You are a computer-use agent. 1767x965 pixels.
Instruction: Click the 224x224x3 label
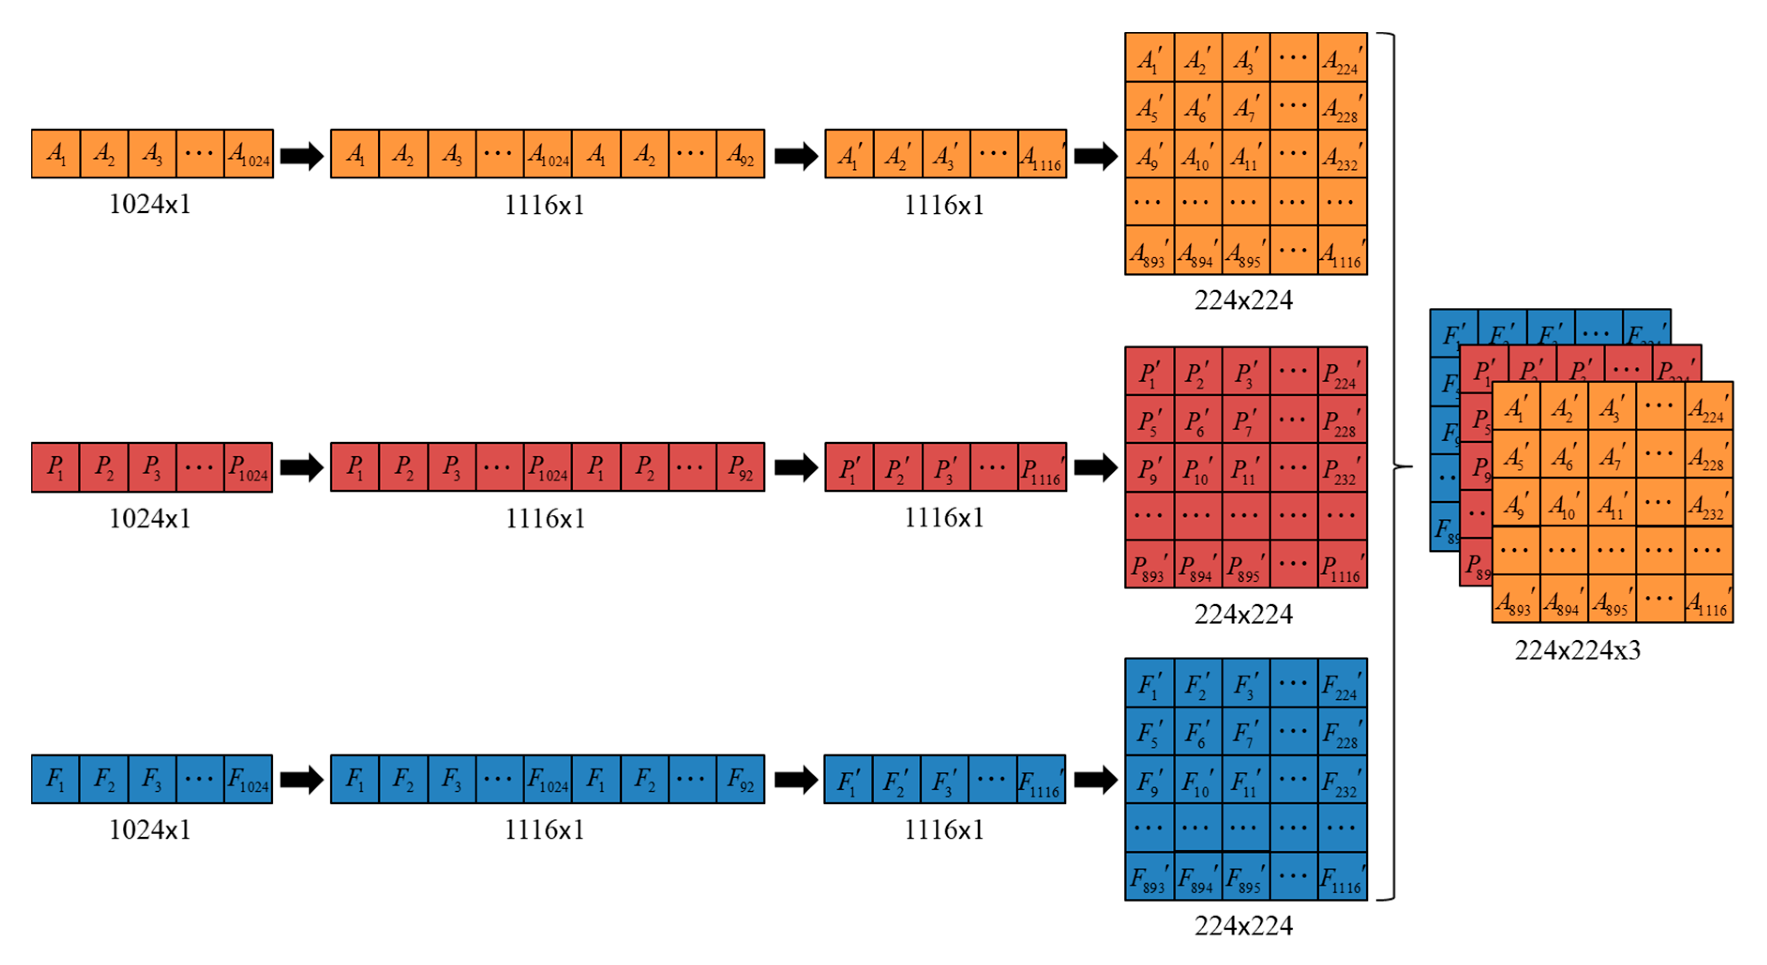pyautogui.click(x=1577, y=650)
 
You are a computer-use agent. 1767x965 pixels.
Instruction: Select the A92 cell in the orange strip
pyautogui.click(x=740, y=154)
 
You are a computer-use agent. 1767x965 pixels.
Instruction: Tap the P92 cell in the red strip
pyautogui.click(x=740, y=467)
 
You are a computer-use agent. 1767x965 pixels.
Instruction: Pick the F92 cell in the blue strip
pyautogui.click(x=740, y=779)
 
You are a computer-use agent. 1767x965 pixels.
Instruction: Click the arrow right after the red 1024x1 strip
pyautogui.click(x=301, y=468)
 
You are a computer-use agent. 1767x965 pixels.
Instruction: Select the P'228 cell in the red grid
pyautogui.click(x=1342, y=420)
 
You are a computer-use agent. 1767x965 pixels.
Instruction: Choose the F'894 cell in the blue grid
pyautogui.click(x=1198, y=876)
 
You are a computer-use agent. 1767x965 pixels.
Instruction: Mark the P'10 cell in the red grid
pyautogui.click(x=1198, y=468)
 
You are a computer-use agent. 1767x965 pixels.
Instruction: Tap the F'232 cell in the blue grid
pyautogui.click(x=1342, y=780)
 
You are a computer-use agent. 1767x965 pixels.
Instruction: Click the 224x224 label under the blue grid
pyautogui.click(x=1243, y=925)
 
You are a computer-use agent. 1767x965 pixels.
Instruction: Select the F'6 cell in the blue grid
pyautogui.click(x=1198, y=732)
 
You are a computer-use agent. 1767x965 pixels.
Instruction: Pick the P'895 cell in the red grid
pyautogui.click(x=1245, y=565)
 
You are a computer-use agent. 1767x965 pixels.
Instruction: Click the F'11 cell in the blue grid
pyautogui.click(x=1245, y=780)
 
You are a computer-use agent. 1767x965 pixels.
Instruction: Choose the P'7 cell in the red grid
pyautogui.click(x=1245, y=420)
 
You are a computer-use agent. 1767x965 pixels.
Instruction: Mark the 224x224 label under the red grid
pyautogui.click(x=1243, y=614)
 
